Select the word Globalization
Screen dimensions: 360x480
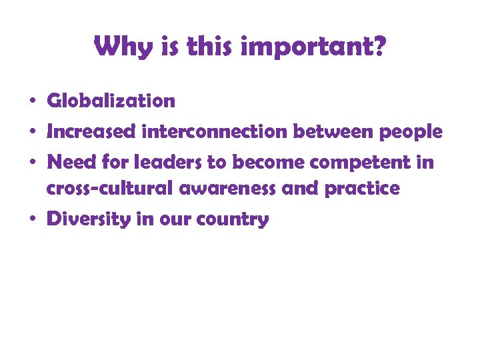(111, 101)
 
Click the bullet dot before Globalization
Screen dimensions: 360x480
(32, 103)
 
